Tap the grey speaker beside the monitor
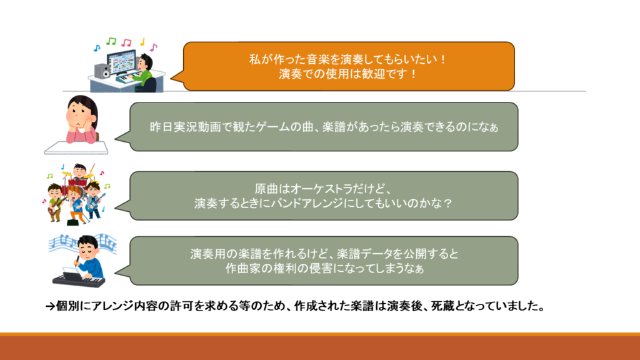tap(102, 71)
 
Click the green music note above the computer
tap(111, 41)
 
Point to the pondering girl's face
tap(81, 114)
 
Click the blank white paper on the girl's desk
tap(76, 147)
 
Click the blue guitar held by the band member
tap(95, 205)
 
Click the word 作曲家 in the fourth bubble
tap(243, 269)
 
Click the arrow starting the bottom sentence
tap(50, 306)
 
